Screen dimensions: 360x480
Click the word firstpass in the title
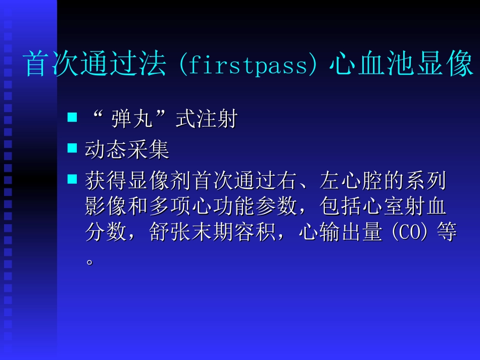(248, 66)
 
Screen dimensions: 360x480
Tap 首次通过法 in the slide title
(95, 65)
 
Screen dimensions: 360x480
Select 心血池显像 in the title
(401, 65)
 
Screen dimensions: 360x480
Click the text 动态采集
(127, 150)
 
